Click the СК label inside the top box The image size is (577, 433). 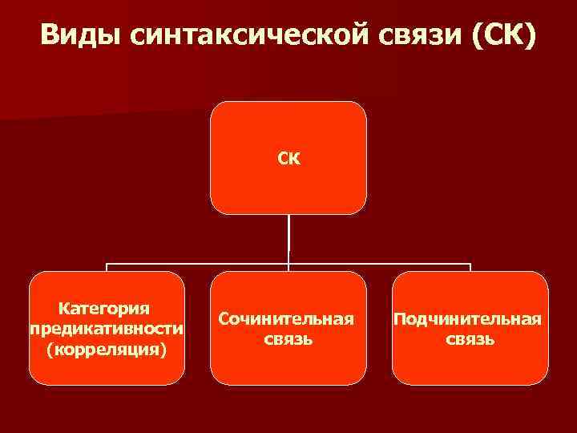coord(288,158)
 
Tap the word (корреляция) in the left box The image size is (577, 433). coord(107,350)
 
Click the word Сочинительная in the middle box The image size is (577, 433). coord(288,319)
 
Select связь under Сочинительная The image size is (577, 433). coord(288,339)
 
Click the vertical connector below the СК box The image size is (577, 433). coord(288,238)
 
